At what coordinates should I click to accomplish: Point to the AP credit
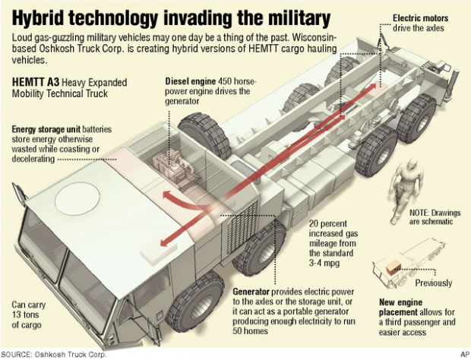(x=462, y=354)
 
